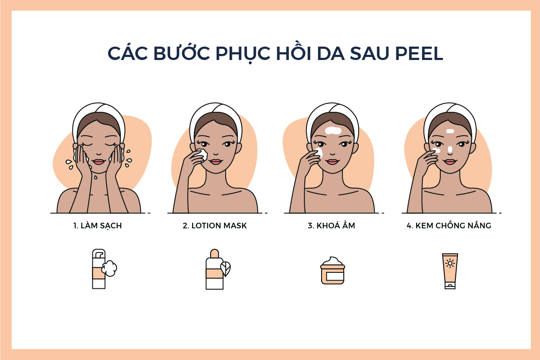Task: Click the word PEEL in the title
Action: click(419, 53)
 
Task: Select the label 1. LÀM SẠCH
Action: click(98, 226)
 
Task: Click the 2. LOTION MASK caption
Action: click(215, 226)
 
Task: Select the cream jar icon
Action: click(332, 271)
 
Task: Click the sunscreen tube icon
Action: click(450, 271)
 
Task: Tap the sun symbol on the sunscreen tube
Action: click(450, 263)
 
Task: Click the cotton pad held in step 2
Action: click(202, 155)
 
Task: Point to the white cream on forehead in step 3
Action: click(333, 130)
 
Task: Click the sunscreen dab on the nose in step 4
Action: click(450, 149)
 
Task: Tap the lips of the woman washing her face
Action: click(98, 161)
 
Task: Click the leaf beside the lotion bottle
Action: click(226, 268)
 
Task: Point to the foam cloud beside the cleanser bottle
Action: click(109, 268)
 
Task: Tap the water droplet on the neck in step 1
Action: click(96, 177)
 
